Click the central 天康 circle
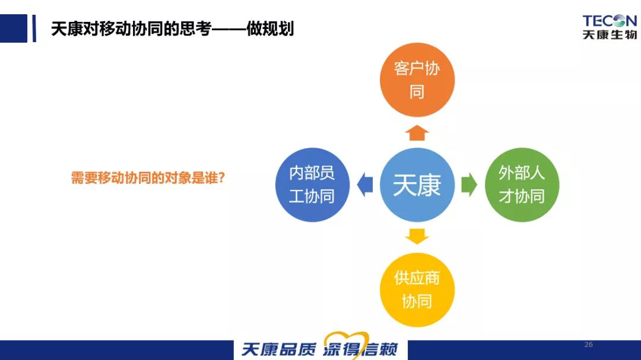click(x=417, y=184)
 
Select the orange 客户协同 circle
click(x=417, y=79)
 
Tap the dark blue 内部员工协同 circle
click(x=312, y=184)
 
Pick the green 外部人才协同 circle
click(x=522, y=184)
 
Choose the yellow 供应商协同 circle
click(x=417, y=289)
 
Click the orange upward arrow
click(x=417, y=133)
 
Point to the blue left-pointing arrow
click(x=365, y=184)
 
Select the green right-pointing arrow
click(x=469, y=184)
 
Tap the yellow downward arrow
click(x=417, y=237)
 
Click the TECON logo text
click(x=610, y=21)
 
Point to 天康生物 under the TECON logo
click(x=610, y=34)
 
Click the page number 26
click(x=589, y=345)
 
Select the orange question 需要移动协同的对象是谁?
click(x=148, y=178)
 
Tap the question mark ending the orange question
click(x=221, y=178)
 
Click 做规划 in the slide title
click(x=270, y=28)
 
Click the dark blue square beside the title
click(x=14, y=28)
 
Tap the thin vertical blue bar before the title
click(x=34, y=28)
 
